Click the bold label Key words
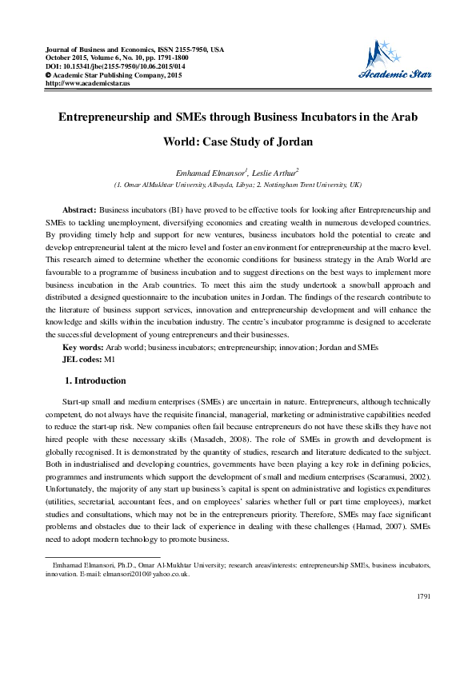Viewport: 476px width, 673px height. pos(83,348)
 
